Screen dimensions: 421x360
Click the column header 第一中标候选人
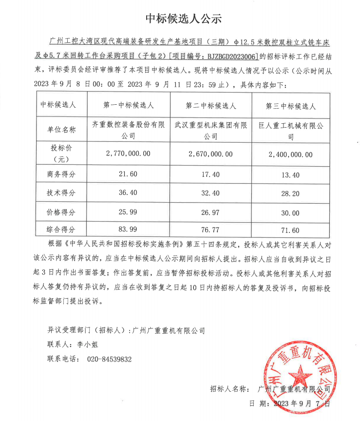coord(129,105)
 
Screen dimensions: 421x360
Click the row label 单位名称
coord(61,130)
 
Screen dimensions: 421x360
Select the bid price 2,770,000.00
coord(128,153)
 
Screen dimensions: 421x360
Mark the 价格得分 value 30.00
coord(290,213)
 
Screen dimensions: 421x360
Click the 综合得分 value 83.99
coord(128,230)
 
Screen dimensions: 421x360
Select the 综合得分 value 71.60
coord(290,230)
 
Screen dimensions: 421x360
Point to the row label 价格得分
coord(61,212)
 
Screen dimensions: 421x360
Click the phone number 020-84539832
coord(109,359)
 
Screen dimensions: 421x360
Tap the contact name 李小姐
coord(88,344)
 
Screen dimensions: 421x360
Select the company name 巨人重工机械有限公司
coord(291,130)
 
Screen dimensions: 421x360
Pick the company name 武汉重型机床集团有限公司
coord(210,130)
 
